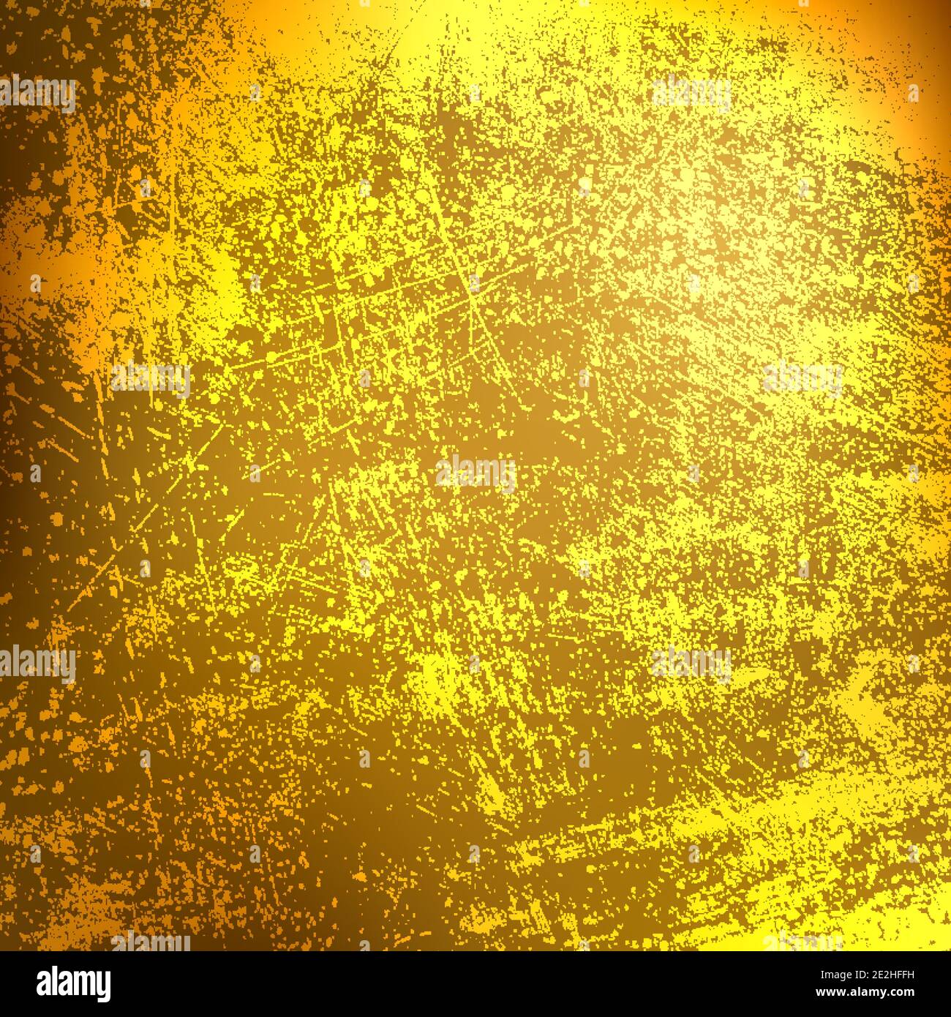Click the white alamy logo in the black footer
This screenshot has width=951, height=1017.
click(x=73, y=984)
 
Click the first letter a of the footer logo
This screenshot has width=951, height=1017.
click(x=45, y=985)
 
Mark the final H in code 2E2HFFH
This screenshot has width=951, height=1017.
click(x=910, y=975)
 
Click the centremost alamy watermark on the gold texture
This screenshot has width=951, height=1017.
click(x=475, y=473)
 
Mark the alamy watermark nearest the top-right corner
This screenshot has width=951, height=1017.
click(x=691, y=93)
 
